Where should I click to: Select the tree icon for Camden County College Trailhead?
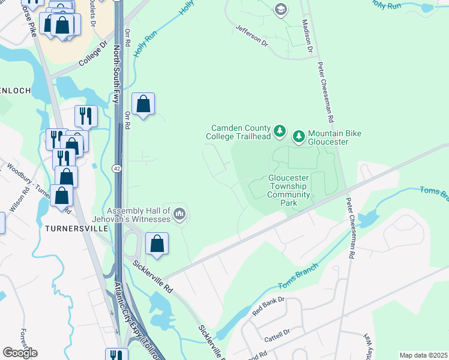279,131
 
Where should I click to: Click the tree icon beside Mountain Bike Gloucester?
299,137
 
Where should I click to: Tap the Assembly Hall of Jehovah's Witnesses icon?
179,214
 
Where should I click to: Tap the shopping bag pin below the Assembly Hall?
157,244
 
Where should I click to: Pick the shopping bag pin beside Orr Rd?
143,104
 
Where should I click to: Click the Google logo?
20,353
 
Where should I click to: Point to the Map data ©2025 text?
423,355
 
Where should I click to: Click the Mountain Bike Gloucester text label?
336,137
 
